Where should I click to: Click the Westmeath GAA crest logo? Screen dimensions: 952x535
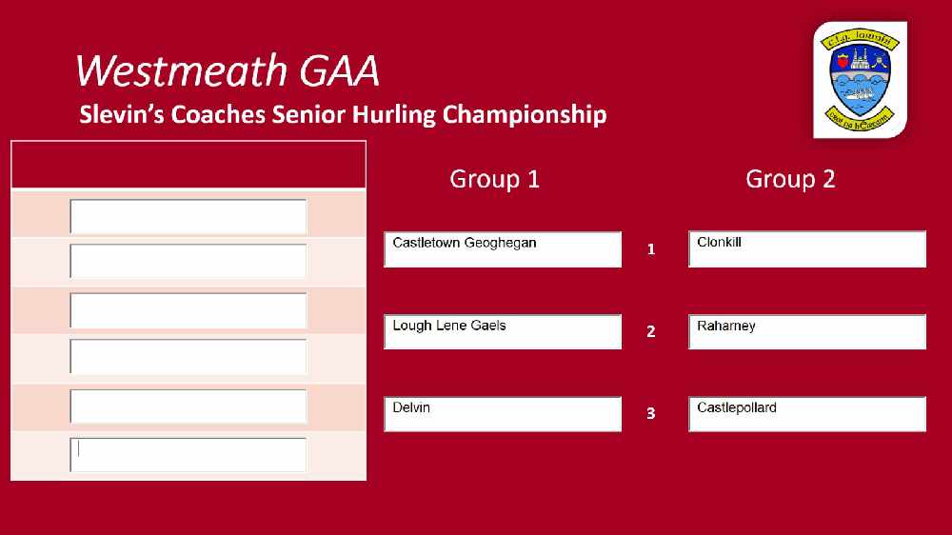pyautogui.click(x=860, y=80)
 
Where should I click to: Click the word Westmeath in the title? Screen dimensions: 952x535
pyautogui.click(x=181, y=70)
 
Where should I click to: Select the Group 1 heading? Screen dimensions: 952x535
pyautogui.click(x=494, y=179)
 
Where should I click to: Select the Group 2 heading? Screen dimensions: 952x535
pyautogui.click(x=790, y=179)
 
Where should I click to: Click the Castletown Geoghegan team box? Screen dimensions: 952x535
pyautogui.click(x=503, y=249)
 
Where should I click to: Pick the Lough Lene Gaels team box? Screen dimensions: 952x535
pyautogui.click(x=503, y=331)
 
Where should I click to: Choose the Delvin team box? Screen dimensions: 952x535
pyautogui.click(x=503, y=414)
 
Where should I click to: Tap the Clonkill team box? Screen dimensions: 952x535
pyautogui.click(x=807, y=249)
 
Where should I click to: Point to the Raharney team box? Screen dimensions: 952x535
pyautogui.click(x=807, y=331)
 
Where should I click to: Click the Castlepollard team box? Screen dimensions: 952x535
pyautogui.click(x=807, y=414)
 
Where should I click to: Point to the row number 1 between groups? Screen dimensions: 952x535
pyautogui.click(x=651, y=249)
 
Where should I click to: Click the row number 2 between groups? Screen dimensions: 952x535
pyautogui.click(x=651, y=331)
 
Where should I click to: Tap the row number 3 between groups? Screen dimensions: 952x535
pyautogui.click(x=651, y=413)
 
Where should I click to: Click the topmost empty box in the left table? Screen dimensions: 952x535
pyautogui.click(x=188, y=217)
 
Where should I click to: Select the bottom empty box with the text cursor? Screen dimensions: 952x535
pyautogui.click(x=188, y=455)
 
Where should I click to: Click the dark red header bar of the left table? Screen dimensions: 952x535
pyautogui.click(x=188, y=165)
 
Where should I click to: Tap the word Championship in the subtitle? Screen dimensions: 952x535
pyautogui.click(x=525, y=115)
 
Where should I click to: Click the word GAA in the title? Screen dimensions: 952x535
pyautogui.click(x=340, y=70)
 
